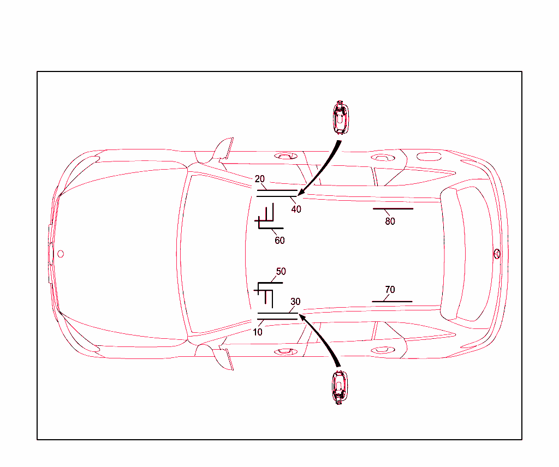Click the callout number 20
(x=260, y=179)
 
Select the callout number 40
(x=296, y=209)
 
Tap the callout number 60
(x=279, y=240)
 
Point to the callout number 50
(x=281, y=271)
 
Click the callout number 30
(x=295, y=301)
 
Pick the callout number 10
(x=258, y=332)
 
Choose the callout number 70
(x=390, y=290)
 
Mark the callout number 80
(x=390, y=221)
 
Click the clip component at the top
(x=340, y=117)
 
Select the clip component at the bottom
(x=340, y=387)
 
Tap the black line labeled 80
(x=393, y=208)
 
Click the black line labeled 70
(x=392, y=301)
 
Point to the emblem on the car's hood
(x=61, y=254)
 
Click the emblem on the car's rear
(x=497, y=254)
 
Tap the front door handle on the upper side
(x=284, y=156)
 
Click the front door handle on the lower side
(x=284, y=351)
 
